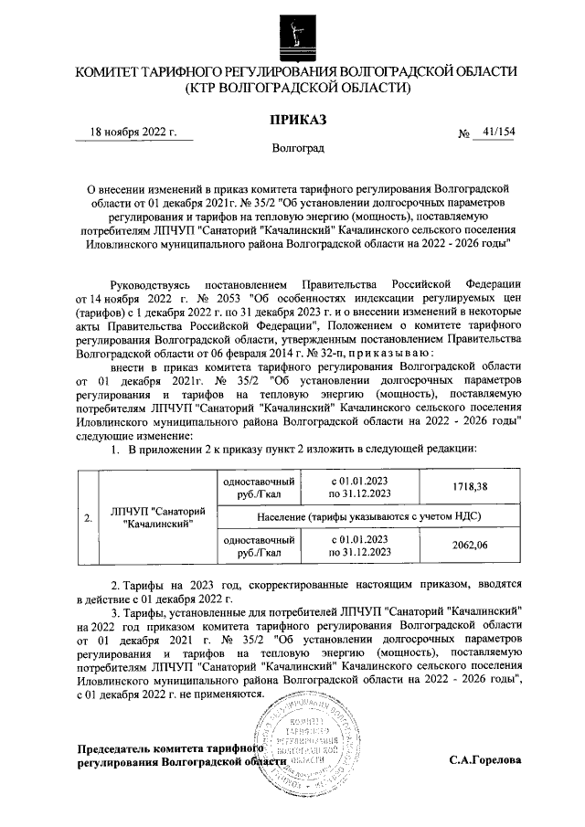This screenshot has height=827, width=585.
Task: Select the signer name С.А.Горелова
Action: tap(485, 760)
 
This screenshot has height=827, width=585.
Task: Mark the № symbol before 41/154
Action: tap(463, 134)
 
